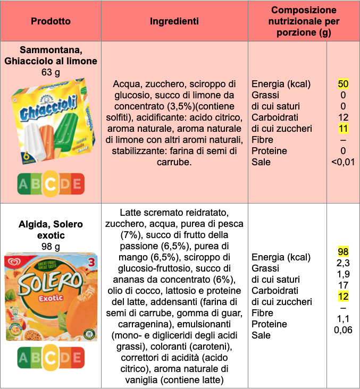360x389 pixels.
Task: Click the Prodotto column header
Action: (x=51, y=21)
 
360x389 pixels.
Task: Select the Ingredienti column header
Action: (x=174, y=21)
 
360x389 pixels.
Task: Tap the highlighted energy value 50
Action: (x=343, y=84)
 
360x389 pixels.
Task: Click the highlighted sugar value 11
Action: (x=343, y=129)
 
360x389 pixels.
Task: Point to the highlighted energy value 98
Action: (x=343, y=251)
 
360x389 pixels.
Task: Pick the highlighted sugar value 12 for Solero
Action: (x=343, y=296)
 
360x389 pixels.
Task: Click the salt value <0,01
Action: (x=343, y=162)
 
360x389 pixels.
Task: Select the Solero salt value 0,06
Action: (x=343, y=330)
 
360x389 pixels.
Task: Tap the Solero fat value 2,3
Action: (x=343, y=263)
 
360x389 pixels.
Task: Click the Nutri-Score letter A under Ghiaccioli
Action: (x=23, y=184)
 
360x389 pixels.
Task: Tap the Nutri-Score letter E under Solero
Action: (x=78, y=359)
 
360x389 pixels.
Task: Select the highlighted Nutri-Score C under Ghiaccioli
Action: (x=51, y=184)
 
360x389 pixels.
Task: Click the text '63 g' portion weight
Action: (x=51, y=72)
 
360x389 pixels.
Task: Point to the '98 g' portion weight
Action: (x=51, y=246)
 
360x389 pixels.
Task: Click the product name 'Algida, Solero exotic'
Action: (x=51, y=230)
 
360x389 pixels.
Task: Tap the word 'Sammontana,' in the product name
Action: (x=51, y=50)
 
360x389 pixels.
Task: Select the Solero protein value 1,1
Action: (x=343, y=319)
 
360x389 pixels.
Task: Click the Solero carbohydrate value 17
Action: (x=343, y=285)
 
